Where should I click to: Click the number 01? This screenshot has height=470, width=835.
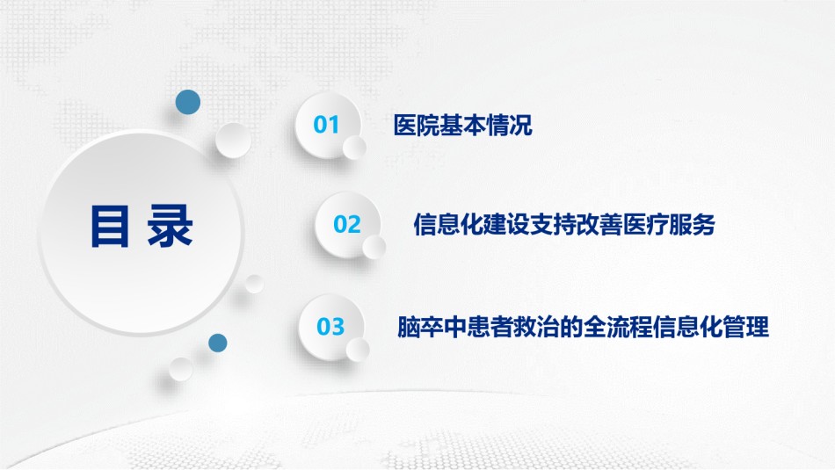[x=326, y=125]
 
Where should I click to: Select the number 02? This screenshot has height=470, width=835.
[x=347, y=224]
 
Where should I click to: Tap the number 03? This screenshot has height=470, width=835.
[x=330, y=326]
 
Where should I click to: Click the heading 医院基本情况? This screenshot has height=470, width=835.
[x=462, y=125]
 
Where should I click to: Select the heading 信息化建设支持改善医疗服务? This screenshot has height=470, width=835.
[x=564, y=224]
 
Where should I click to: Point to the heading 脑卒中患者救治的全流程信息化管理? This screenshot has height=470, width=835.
[x=583, y=326]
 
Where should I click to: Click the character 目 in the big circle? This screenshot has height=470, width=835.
[x=110, y=227]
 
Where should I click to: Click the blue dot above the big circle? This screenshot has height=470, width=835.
[x=188, y=102]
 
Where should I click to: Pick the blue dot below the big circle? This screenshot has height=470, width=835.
[x=218, y=343]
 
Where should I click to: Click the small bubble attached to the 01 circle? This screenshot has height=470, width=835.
[x=354, y=148]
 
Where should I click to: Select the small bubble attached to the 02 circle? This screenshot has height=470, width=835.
[x=374, y=247]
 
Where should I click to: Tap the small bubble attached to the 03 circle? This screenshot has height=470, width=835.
[x=358, y=349]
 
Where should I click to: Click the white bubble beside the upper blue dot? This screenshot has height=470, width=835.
[x=233, y=141]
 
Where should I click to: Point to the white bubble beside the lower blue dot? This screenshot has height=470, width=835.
[x=181, y=369]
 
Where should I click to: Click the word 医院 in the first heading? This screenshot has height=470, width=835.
[x=417, y=125]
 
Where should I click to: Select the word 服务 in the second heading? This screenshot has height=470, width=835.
[x=693, y=224]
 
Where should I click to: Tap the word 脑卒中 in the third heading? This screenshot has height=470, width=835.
[x=432, y=326]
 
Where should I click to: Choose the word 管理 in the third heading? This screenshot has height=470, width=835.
[x=746, y=326]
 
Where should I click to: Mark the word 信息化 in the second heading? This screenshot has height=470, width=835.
[x=448, y=224]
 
